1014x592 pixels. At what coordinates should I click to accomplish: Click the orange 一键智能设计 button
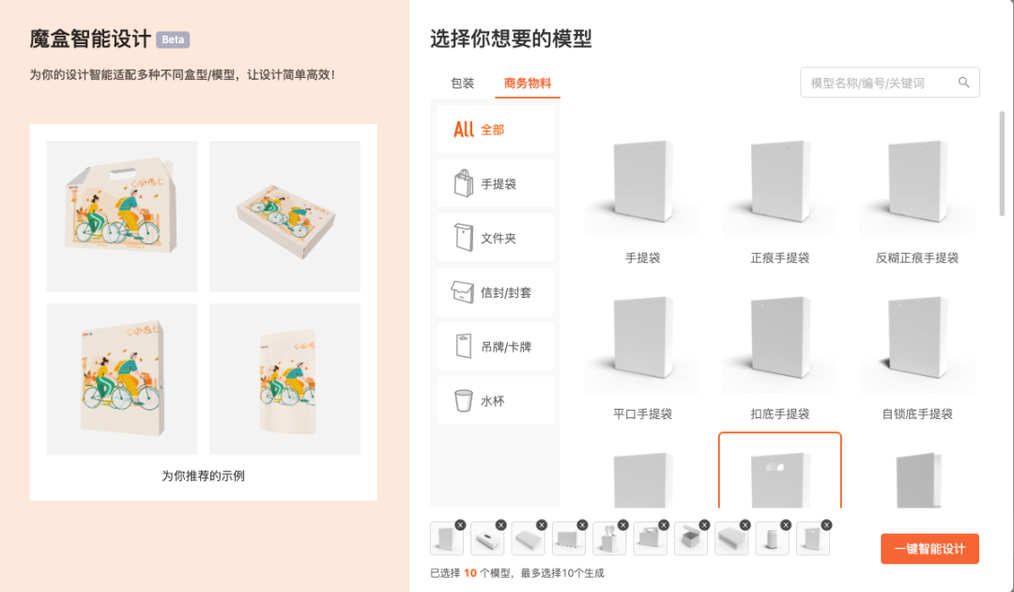tap(929, 549)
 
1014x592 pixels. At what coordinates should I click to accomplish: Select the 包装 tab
tap(463, 84)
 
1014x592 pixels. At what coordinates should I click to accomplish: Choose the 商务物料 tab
tap(528, 84)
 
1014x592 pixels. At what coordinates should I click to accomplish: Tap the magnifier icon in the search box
tap(963, 83)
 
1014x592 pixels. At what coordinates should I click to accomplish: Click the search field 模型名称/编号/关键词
tap(878, 83)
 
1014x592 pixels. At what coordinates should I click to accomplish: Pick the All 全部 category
tap(494, 130)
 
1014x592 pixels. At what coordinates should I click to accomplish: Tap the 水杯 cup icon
tap(463, 401)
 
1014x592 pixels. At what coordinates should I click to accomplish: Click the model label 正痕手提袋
tap(779, 257)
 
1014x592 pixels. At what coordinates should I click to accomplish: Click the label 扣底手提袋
tap(779, 413)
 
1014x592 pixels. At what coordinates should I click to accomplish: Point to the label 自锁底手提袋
tap(917, 413)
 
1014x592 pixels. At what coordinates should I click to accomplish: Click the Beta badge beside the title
tap(173, 39)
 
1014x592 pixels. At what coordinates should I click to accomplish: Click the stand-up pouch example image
tap(284, 380)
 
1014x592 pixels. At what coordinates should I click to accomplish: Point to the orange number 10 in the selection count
tap(470, 572)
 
